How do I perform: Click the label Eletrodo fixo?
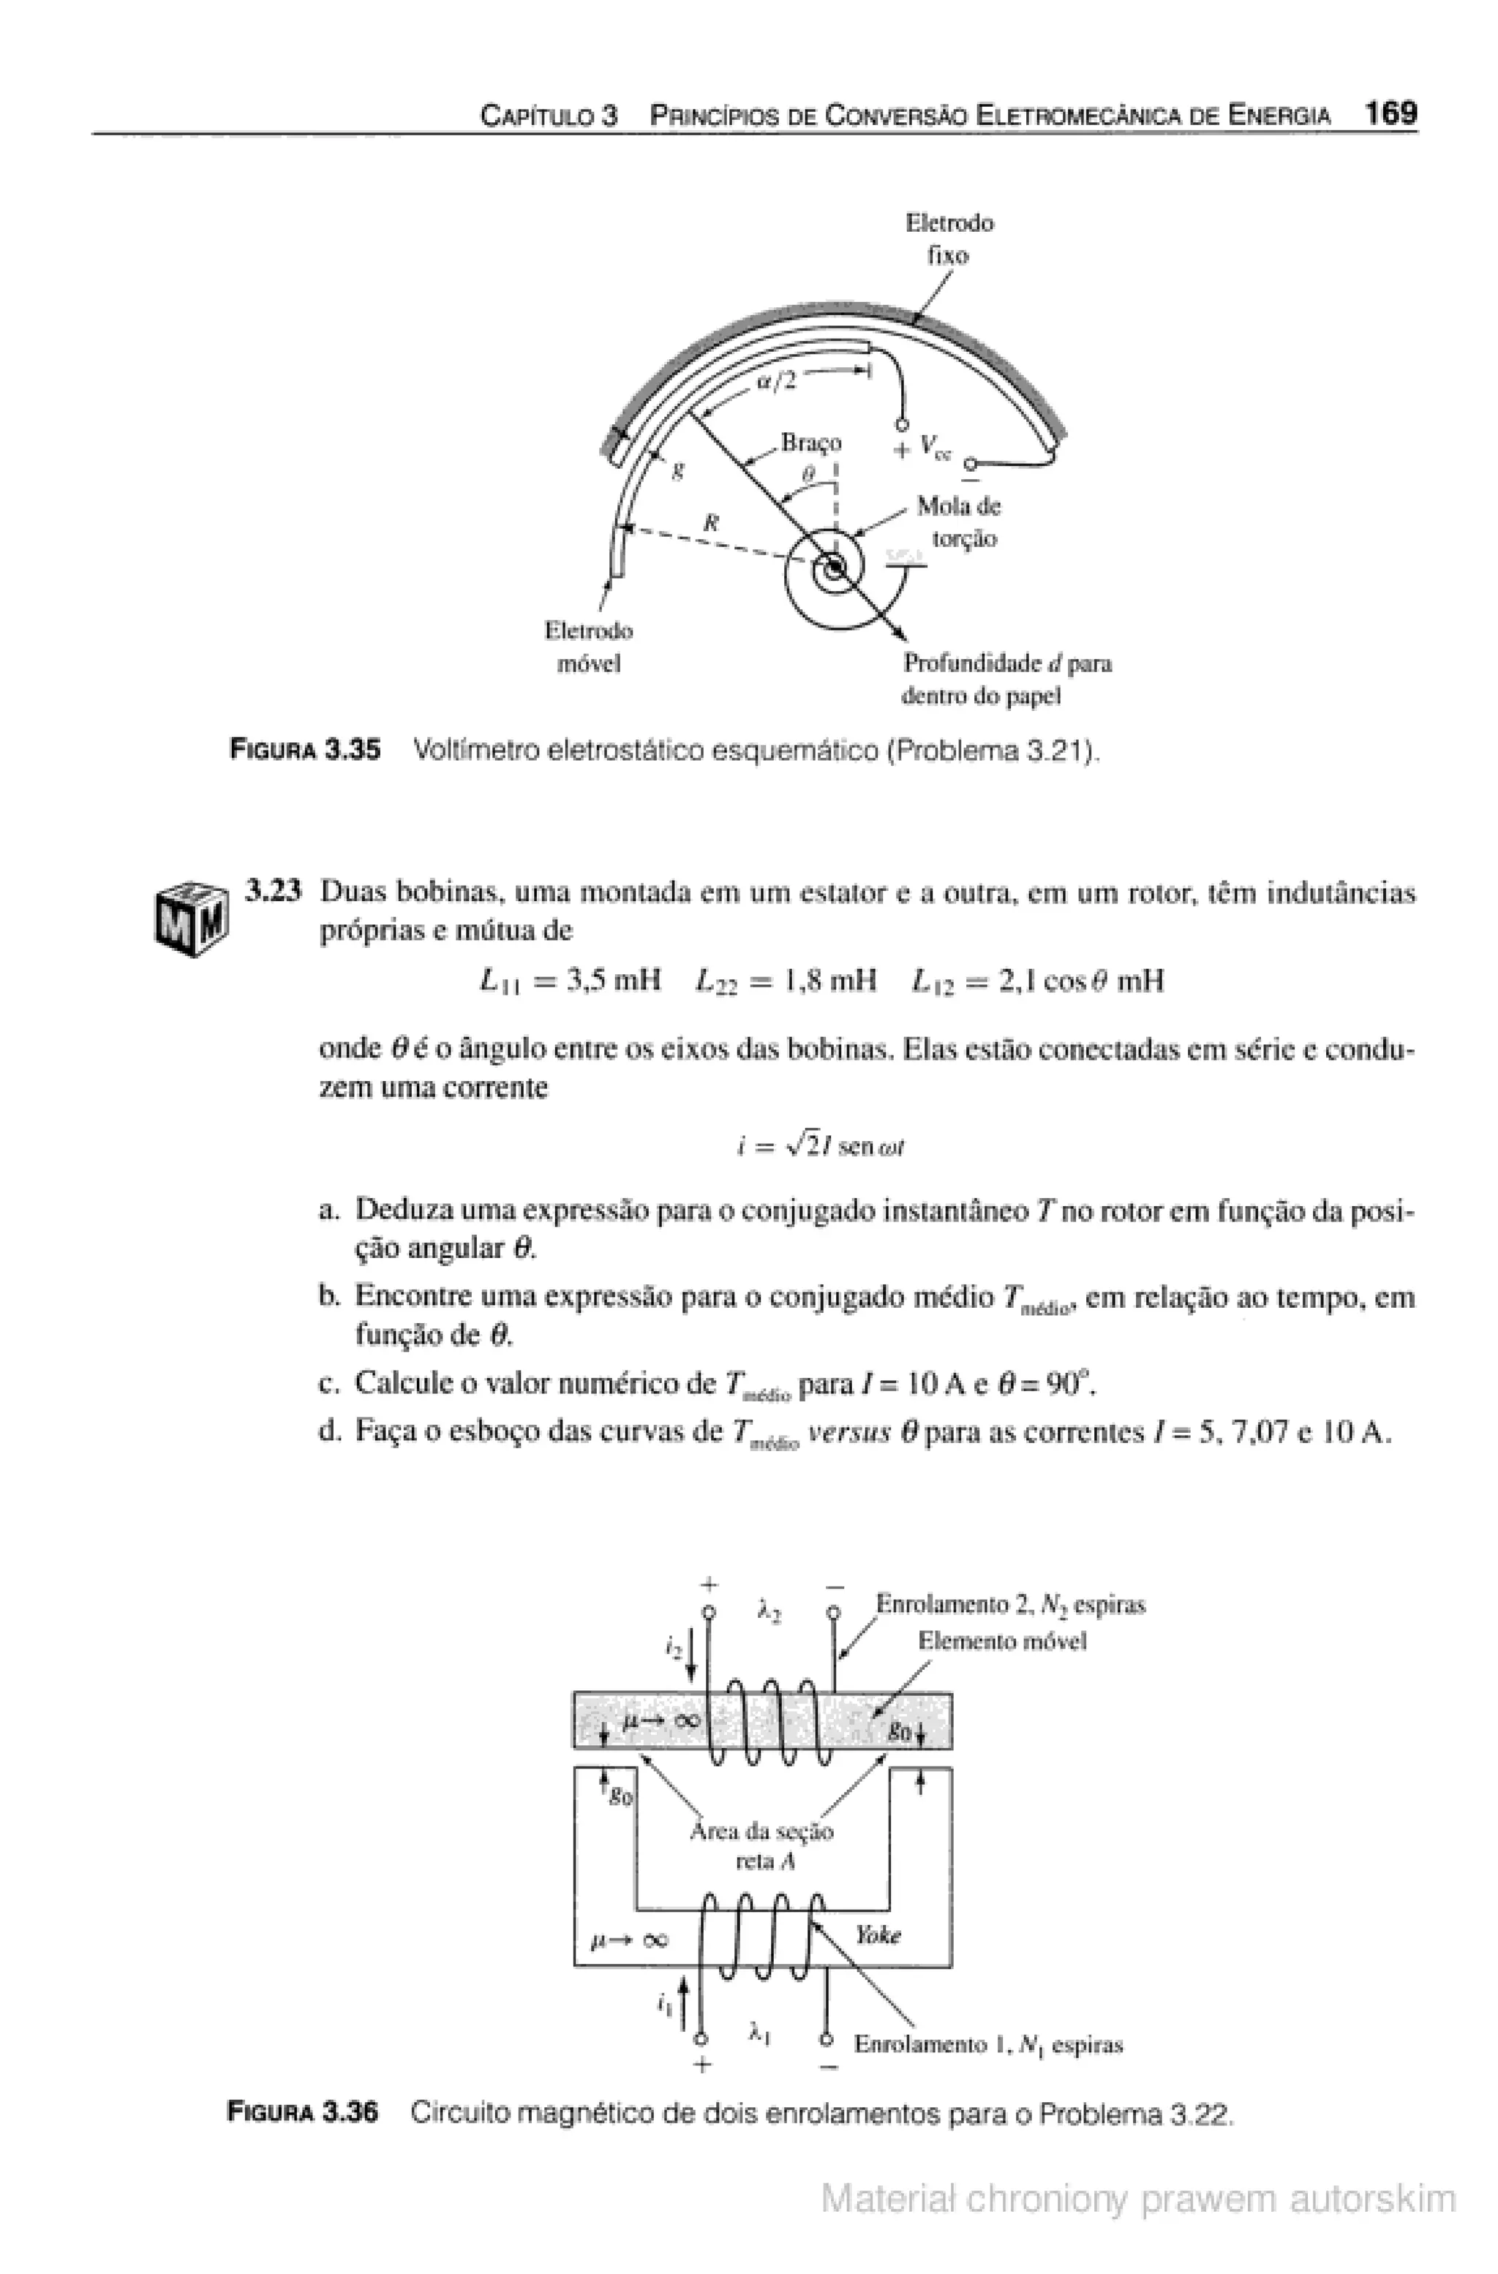coord(949,239)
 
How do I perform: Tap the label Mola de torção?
coord(958,522)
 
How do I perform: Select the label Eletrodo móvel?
coord(589,647)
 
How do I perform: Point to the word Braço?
coord(811,443)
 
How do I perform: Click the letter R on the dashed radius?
coord(710,523)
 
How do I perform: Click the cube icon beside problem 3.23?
coord(191,918)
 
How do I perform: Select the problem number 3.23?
coord(274,892)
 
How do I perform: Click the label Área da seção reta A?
coord(761,1846)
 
